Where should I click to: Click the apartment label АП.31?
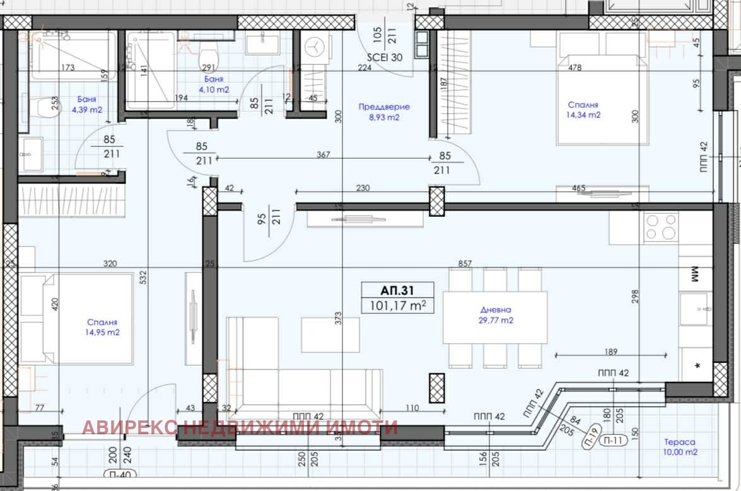(397, 291)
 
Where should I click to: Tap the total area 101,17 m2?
(397, 306)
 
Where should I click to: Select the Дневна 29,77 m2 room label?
(494, 315)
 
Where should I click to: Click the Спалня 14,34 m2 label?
(583, 110)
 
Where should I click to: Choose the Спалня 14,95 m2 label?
(102, 326)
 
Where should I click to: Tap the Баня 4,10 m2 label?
(214, 84)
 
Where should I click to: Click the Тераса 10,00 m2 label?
(680, 448)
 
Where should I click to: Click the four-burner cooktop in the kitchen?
(661, 228)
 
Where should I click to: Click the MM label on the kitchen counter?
(697, 274)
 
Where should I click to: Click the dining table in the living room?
(494, 318)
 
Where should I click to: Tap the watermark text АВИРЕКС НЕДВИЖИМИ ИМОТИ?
(240, 428)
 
